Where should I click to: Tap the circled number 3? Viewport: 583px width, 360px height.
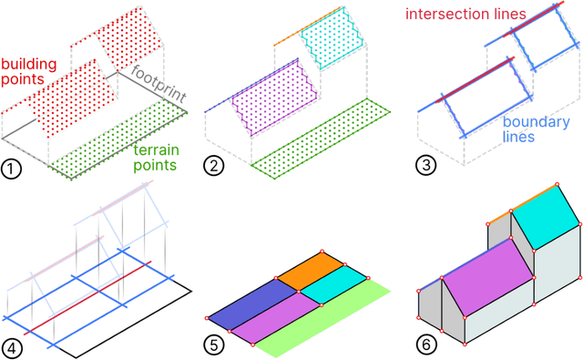point(425,167)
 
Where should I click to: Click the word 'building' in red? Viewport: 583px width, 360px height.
point(27,66)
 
